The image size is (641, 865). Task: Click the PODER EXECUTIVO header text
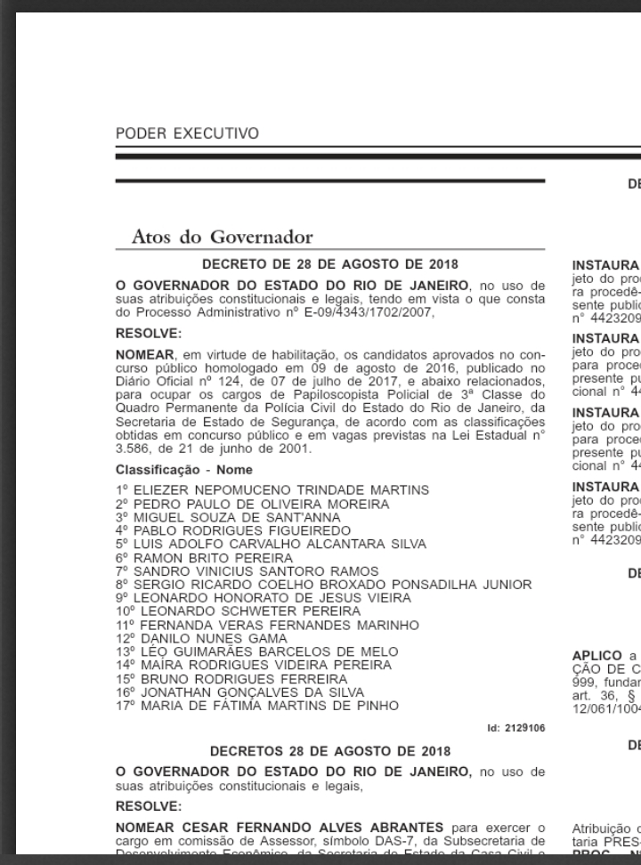[x=187, y=133]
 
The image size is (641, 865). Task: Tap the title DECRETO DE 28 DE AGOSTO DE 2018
[x=330, y=263]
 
